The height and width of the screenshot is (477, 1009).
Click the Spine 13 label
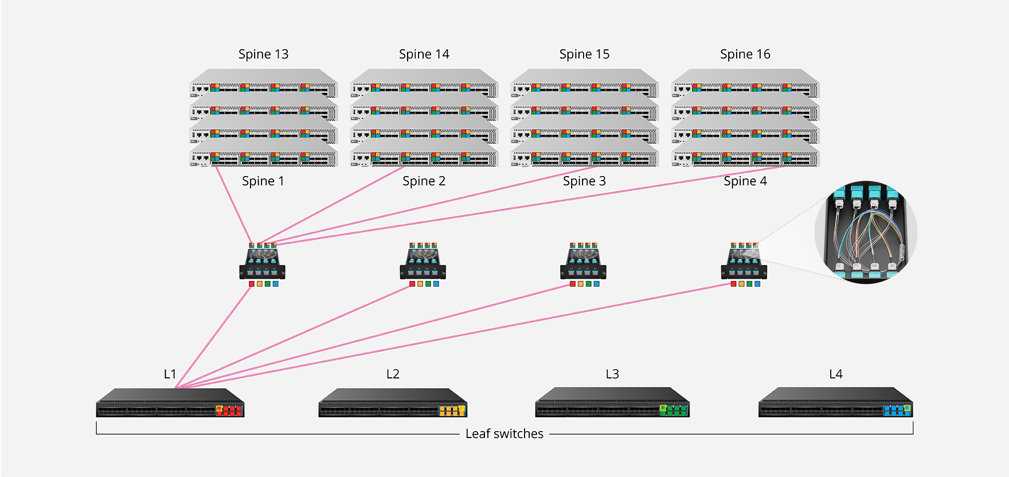point(263,54)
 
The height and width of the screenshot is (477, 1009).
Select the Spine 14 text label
point(424,54)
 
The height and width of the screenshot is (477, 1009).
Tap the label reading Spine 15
point(584,54)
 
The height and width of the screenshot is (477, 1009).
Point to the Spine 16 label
point(745,54)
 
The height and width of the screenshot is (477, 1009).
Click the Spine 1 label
point(263,181)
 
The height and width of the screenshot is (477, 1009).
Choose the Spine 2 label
point(424,181)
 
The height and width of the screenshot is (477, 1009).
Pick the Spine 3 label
point(584,181)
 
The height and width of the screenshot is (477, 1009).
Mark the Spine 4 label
point(745,181)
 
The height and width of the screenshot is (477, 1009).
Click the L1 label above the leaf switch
point(170,374)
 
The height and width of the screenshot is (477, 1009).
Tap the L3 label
point(612,374)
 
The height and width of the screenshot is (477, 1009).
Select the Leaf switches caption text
point(504,434)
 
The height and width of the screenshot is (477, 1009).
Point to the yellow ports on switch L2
point(452,410)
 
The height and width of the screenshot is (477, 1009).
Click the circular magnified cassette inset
point(866,232)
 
